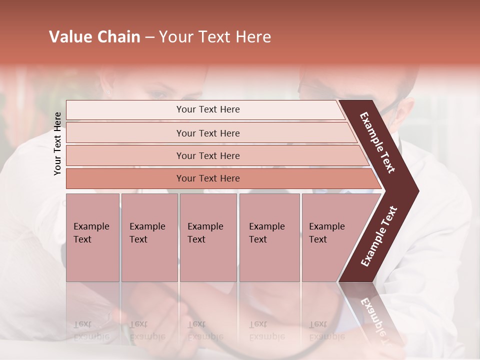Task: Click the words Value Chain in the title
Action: coord(94,37)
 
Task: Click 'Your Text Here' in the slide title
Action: coord(215,37)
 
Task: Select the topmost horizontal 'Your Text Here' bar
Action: coord(207,109)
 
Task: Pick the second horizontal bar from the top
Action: coord(207,133)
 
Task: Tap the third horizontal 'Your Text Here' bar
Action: coord(207,155)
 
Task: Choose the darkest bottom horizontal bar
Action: coord(207,178)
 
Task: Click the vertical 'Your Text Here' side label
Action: coord(58,143)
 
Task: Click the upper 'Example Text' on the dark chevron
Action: coord(377,142)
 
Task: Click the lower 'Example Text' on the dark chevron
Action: coord(379,236)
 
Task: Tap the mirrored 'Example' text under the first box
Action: coord(91,336)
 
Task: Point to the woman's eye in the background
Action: coord(158,94)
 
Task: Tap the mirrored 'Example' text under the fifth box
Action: coord(327,336)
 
